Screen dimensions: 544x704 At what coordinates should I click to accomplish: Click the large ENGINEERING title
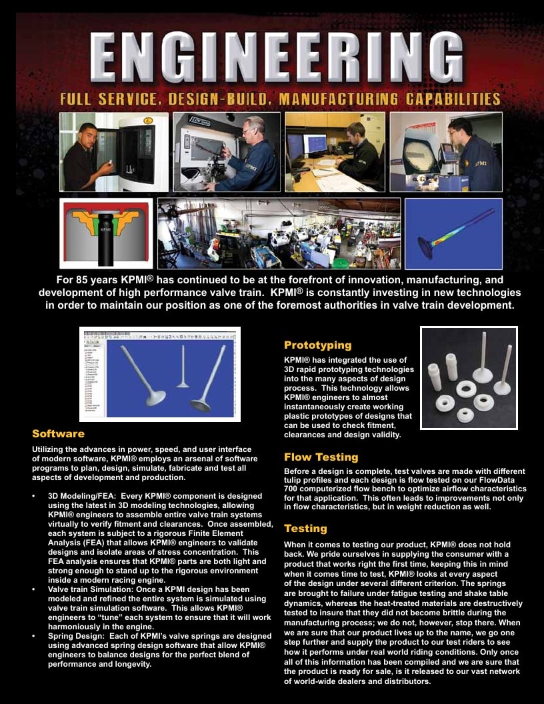coord(276,58)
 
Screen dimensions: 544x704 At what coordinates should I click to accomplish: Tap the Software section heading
coord(59,434)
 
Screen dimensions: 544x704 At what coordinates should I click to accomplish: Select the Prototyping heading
coord(318,345)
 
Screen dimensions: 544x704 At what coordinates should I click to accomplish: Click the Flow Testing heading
coord(321,457)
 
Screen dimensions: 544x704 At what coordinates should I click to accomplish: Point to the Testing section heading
coord(305,529)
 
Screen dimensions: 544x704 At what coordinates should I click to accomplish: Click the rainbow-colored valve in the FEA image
coord(454,233)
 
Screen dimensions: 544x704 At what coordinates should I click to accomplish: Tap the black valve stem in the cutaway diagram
coord(106,239)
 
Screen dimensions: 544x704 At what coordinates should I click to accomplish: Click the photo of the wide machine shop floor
coord(279,233)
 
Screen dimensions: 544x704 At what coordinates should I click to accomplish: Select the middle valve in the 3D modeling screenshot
coord(183,366)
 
